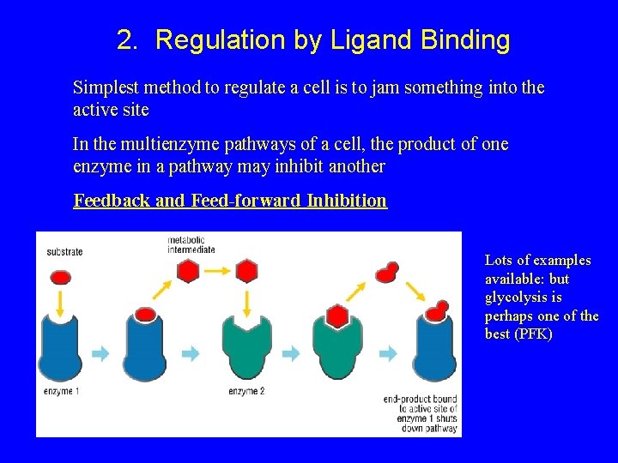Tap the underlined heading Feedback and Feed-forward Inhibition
point(230,201)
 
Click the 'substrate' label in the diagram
point(64,252)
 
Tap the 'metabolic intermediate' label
point(191,244)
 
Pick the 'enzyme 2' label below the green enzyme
point(246,392)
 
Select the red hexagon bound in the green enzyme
point(337,316)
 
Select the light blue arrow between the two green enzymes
point(292,353)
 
